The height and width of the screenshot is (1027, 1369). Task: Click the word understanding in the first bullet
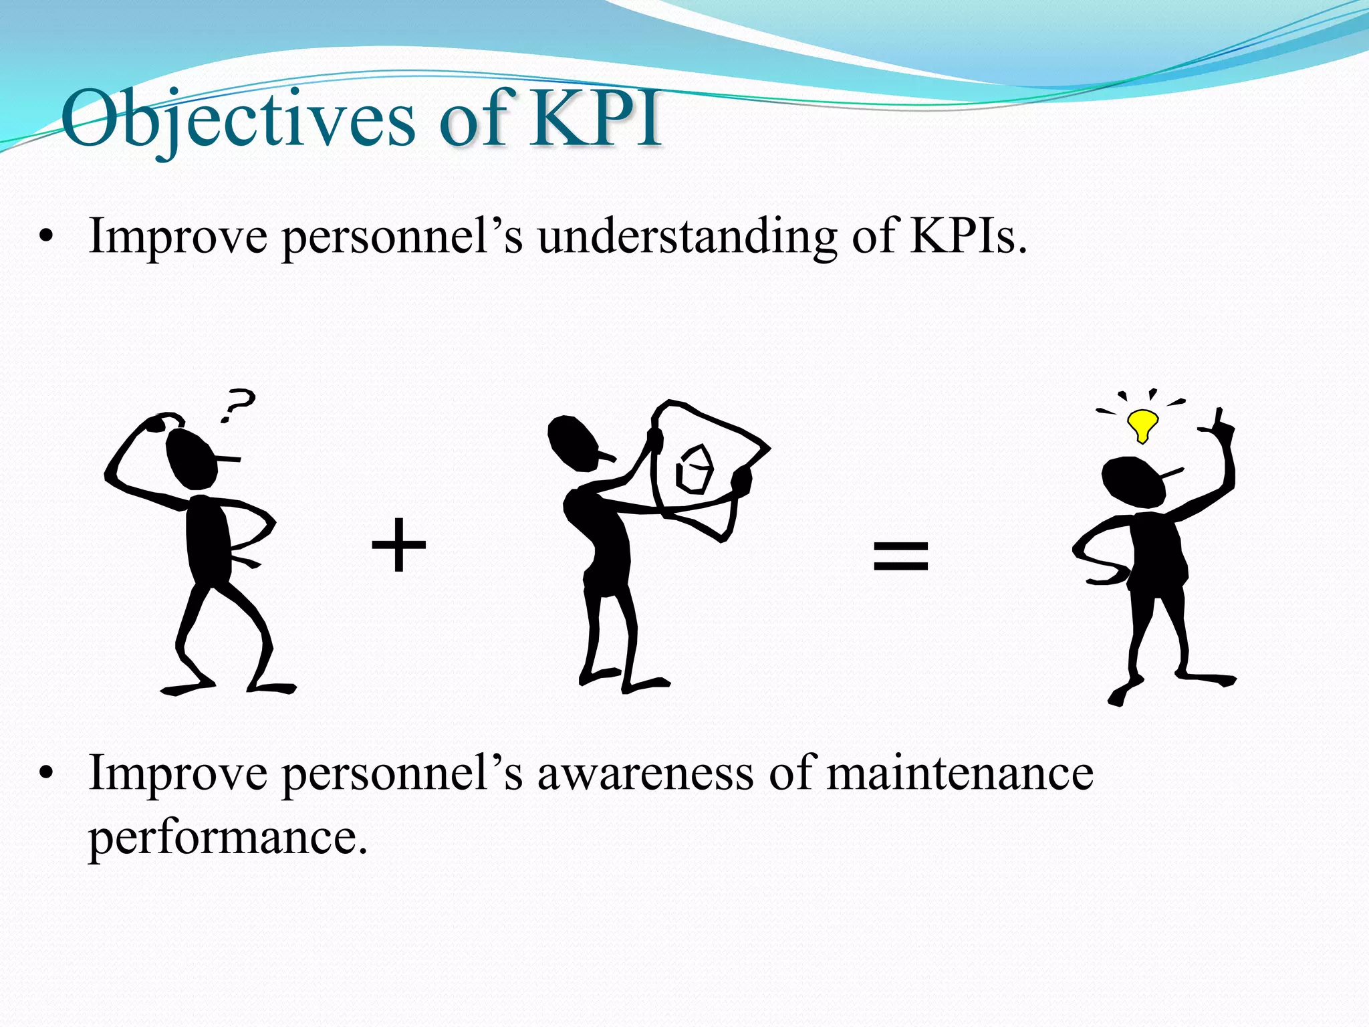(x=687, y=237)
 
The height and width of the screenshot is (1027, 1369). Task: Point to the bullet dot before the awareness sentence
(x=45, y=774)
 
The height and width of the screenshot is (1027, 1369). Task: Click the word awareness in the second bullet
(x=645, y=774)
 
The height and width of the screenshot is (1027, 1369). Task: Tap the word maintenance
(x=959, y=774)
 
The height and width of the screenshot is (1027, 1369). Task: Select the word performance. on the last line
(x=227, y=837)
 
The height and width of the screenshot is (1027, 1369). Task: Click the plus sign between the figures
(x=398, y=545)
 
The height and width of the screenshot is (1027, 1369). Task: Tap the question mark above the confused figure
(x=237, y=405)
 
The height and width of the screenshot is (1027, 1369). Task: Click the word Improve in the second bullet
(x=177, y=774)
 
